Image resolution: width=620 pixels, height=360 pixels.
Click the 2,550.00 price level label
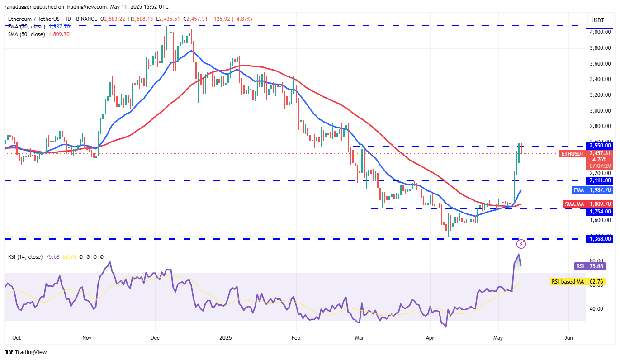point(600,146)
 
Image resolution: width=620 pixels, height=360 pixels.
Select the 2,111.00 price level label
point(600,180)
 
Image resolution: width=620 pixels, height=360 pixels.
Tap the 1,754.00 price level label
point(600,211)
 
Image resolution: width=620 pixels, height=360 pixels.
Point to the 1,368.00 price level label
point(600,239)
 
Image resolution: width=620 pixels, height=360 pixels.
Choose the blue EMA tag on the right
point(579,190)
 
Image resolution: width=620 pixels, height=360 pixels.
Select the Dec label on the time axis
point(155,338)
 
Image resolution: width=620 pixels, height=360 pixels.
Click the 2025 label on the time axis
point(225,338)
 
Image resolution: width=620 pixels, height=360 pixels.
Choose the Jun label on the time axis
point(568,338)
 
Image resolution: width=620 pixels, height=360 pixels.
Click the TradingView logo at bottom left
point(26,352)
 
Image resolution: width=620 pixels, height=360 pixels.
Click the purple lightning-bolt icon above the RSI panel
point(521,244)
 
